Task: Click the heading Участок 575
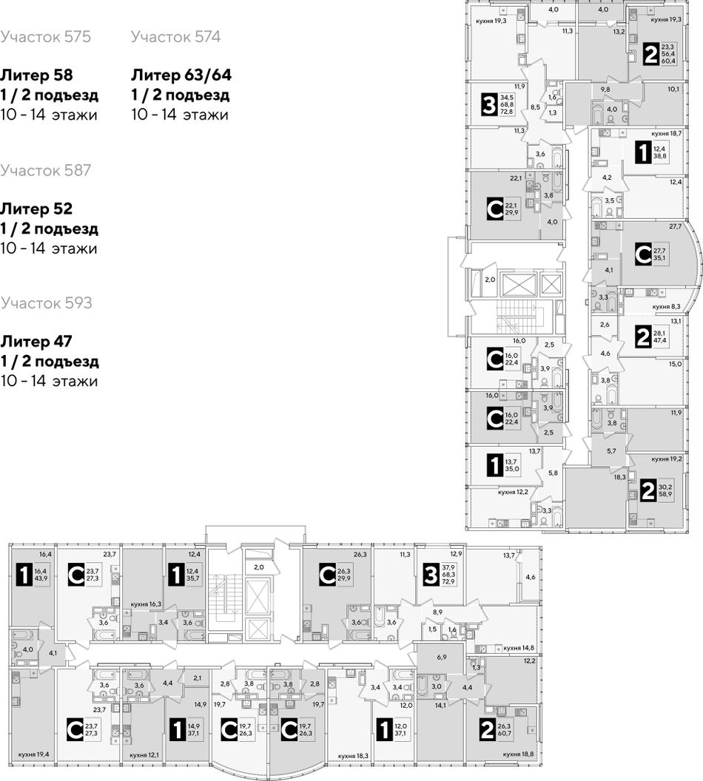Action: tap(45, 37)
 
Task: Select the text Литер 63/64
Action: tap(181, 75)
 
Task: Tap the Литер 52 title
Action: tap(36, 209)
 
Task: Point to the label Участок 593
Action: tap(47, 302)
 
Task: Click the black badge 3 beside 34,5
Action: tap(489, 105)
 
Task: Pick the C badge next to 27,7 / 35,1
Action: tap(643, 254)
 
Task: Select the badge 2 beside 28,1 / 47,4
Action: tap(643, 337)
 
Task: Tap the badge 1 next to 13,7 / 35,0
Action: tap(494, 465)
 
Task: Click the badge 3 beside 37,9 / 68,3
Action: tap(431, 575)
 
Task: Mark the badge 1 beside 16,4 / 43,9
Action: tap(24, 575)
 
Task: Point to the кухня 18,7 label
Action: tap(667, 133)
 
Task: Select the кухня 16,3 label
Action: tap(146, 604)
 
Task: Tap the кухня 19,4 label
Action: tap(33, 754)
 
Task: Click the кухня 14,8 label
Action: tap(519, 648)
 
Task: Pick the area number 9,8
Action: tap(605, 89)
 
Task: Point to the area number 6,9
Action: tap(442, 657)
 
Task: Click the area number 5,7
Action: tap(611, 451)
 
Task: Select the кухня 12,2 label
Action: tap(513, 492)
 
